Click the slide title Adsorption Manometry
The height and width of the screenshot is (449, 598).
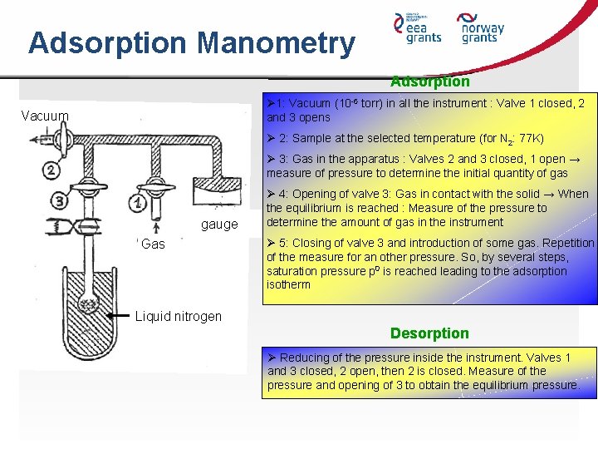191,42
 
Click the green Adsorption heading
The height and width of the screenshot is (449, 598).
429,81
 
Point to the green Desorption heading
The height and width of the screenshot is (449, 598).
429,333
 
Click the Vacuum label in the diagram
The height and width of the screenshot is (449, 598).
46,115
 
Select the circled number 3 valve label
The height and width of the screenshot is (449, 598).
61,200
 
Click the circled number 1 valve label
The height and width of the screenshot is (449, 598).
138,201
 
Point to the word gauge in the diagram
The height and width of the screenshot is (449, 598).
219,224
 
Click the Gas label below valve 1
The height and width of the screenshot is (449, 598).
153,244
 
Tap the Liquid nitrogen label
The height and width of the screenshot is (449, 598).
179,316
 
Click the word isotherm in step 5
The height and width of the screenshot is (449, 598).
288,284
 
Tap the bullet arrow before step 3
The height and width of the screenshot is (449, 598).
272,159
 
